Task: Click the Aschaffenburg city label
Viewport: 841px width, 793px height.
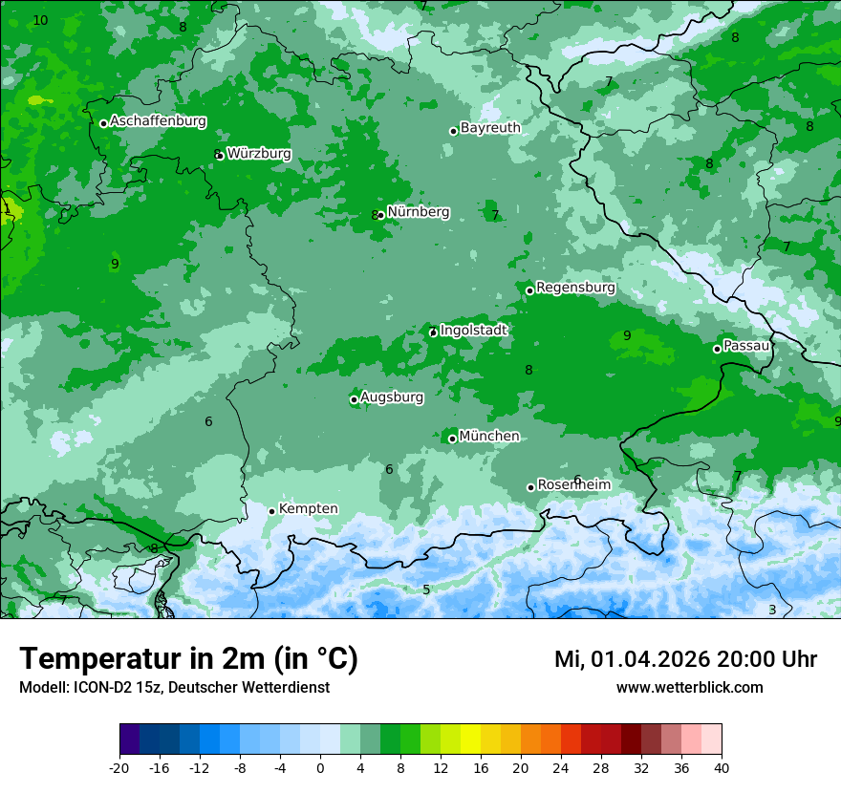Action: tap(158, 121)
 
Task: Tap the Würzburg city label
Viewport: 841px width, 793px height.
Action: tap(259, 153)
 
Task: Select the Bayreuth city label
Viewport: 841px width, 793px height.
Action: tap(490, 127)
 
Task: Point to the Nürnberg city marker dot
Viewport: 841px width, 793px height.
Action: tap(381, 215)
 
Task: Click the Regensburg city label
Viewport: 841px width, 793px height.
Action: tap(575, 287)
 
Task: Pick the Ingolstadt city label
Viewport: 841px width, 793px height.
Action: tap(473, 330)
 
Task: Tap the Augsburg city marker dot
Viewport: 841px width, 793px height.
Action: tap(354, 399)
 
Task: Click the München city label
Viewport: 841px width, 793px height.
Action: tap(489, 436)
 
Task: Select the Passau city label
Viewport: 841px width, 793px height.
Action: tap(746, 345)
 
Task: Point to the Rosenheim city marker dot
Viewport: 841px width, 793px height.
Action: tap(530, 487)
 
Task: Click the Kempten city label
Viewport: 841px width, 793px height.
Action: tap(308, 508)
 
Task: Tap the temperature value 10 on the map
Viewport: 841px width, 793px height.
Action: tap(40, 20)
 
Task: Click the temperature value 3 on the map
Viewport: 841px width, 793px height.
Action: tap(772, 610)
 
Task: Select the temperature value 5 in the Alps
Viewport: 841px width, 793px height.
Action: tap(426, 589)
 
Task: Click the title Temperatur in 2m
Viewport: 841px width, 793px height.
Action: tap(188, 659)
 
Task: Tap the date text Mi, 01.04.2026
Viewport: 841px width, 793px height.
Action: tap(632, 659)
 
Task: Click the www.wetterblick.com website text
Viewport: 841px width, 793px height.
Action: tap(689, 687)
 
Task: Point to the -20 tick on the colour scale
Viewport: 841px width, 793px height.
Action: tap(119, 767)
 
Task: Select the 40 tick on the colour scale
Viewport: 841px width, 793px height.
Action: tap(721, 767)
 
